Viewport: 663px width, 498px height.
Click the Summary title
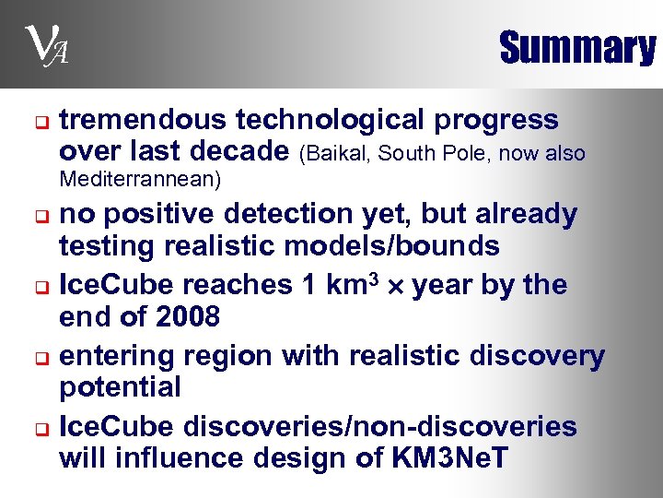(576, 48)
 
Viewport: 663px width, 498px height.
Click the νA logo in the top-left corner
(41, 47)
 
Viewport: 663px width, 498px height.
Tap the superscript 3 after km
(374, 278)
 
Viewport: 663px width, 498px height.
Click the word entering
(116, 355)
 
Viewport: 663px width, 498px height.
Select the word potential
(120, 387)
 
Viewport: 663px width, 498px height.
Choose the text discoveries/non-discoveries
(380, 426)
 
